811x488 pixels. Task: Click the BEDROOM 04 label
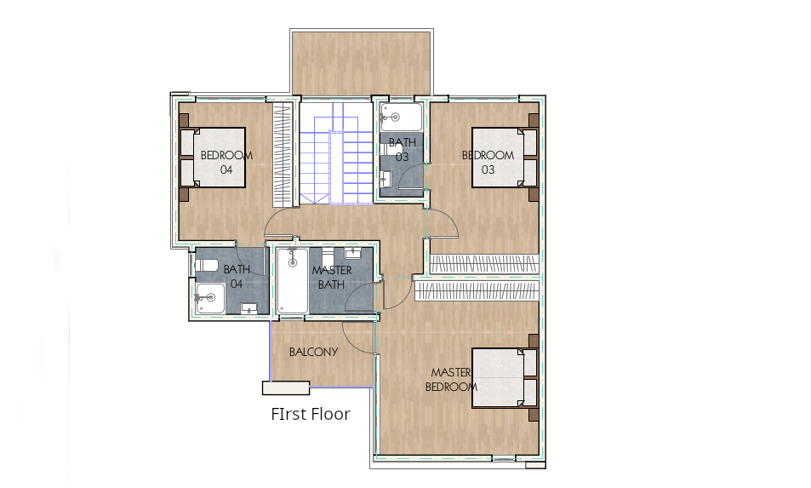pyautogui.click(x=226, y=162)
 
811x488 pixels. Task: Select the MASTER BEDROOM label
pyautogui.click(x=451, y=379)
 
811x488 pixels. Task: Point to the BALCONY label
pyautogui.click(x=313, y=352)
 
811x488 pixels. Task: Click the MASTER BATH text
pyautogui.click(x=332, y=277)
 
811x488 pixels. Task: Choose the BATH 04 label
pyautogui.click(x=237, y=276)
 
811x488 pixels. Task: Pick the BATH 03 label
pyautogui.click(x=403, y=149)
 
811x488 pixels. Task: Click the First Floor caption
pyautogui.click(x=311, y=415)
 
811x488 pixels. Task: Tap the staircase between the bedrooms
pyautogui.click(x=334, y=153)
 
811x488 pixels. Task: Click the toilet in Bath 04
pyautogui.click(x=208, y=266)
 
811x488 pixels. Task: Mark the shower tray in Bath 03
pyautogui.click(x=401, y=118)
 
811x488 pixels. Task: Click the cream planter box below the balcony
pyautogui.click(x=286, y=388)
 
